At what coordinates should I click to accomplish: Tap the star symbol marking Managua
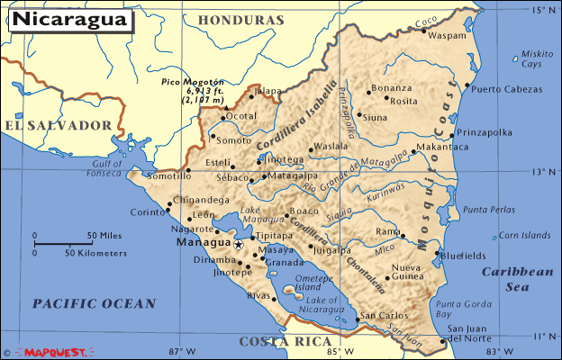tap(239, 244)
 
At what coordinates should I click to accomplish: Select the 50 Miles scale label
tap(104, 236)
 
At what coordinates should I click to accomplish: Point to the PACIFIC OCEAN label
tap(95, 304)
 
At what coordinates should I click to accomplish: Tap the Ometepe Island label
tap(312, 283)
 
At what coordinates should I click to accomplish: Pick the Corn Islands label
tap(523, 236)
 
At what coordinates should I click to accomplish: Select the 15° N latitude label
tap(544, 11)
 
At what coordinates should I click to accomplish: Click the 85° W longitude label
tap(332, 351)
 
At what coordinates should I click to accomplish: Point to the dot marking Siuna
tap(358, 115)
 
